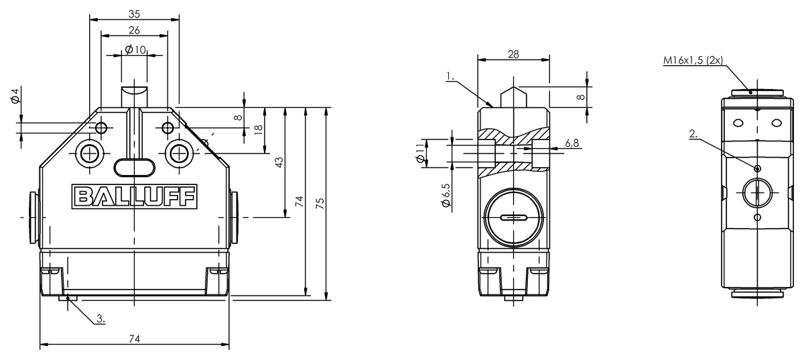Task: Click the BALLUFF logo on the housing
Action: [135, 196]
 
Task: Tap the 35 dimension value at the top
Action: [134, 14]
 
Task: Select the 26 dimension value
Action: [134, 30]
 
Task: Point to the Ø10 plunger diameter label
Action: [135, 50]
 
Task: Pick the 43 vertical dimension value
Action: [279, 162]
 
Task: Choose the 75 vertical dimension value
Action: [320, 203]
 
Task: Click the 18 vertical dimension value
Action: [259, 129]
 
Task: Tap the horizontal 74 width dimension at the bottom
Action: [134, 339]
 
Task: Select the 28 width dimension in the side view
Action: [514, 54]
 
